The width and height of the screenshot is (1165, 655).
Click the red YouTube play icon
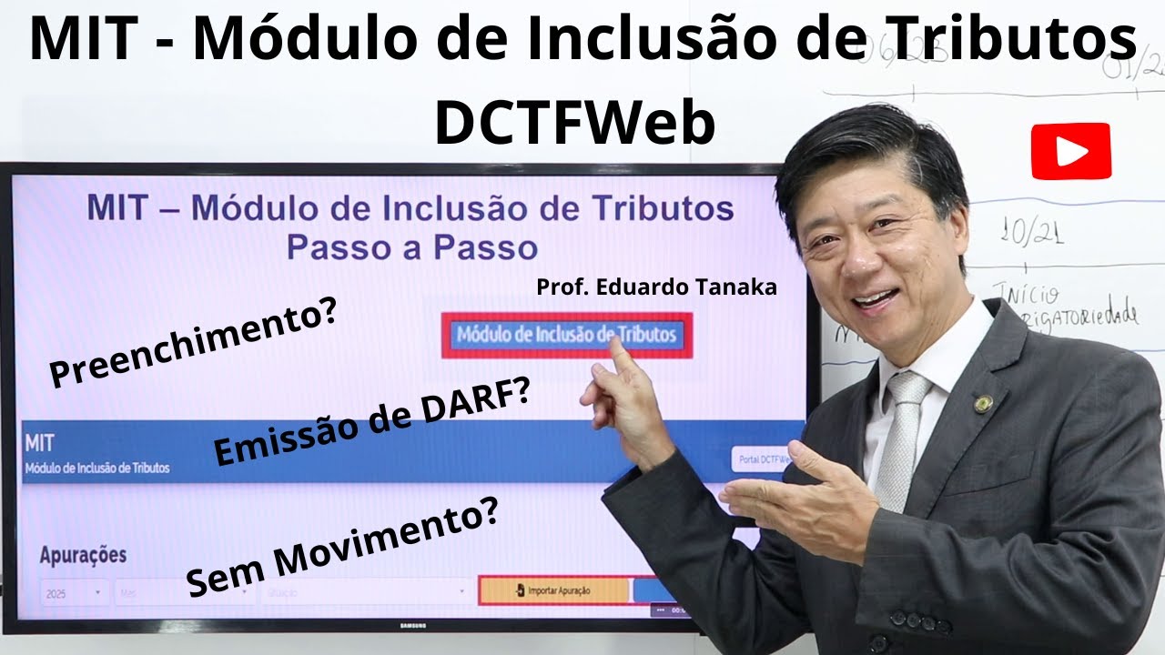click(1070, 151)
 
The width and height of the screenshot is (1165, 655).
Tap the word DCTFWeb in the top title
click(575, 124)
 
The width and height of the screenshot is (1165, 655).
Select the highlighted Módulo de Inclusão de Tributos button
click(566, 335)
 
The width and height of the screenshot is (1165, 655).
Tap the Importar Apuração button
click(553, 590)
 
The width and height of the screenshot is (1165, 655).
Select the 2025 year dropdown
click(74, 592)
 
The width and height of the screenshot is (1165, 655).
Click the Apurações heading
click(83, 554)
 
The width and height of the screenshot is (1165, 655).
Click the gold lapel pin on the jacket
click(982, 403)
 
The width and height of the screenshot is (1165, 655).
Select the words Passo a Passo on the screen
click(410, 247)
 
